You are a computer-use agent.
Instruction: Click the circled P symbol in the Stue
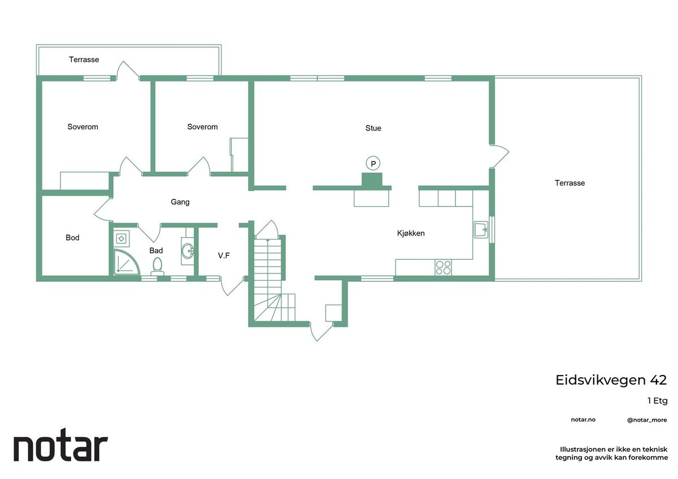coord(373,163)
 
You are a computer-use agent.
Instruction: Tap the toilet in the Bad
coord(157,266)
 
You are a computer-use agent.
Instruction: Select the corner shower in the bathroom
coord(127,262)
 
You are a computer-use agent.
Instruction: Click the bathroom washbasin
coord(188,251)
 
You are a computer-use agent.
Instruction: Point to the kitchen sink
coord(481,230)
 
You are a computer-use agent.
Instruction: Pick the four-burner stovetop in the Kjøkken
coord(443,268)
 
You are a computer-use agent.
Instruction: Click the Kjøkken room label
coord(411,233)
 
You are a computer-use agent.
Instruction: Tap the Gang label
coord(180,202)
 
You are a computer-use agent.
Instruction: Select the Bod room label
coord(73,238)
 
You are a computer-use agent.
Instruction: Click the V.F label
coord(224,256)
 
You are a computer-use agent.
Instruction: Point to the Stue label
coord(373,128)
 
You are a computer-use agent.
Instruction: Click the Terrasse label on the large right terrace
coord(570,183)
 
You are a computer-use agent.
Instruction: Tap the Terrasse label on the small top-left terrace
coord(84,59)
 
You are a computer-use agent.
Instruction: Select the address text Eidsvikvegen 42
coord(611,380)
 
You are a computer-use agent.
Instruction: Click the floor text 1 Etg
coord(658,401)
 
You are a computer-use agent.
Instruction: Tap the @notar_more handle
coord(647,420)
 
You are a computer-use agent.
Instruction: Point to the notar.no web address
coord(583,420)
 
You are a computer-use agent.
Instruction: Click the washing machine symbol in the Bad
coord(121,239)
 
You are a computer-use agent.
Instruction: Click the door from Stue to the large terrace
coord(499,156)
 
